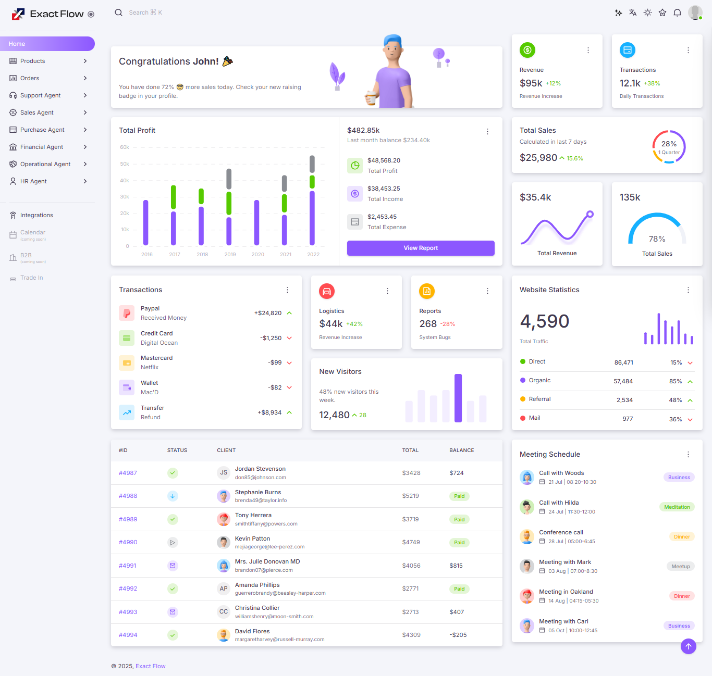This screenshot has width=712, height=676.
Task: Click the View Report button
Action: click(421, 248)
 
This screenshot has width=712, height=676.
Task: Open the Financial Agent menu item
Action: click(42, 147)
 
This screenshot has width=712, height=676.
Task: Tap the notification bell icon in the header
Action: click(677, 12)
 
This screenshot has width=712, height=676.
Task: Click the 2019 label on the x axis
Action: click(230, 255)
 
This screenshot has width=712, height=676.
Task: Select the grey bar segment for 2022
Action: click(312, 164)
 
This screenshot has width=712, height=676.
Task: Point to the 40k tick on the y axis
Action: click(125, 181)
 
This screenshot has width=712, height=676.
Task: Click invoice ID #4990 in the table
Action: click(128, 542)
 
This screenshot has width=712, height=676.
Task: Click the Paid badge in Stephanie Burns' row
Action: click(459, 496)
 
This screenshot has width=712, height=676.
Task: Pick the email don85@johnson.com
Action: click(260, 478)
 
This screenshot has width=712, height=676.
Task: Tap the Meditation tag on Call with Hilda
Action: click(677, 507)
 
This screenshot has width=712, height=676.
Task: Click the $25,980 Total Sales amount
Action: click(538, 158)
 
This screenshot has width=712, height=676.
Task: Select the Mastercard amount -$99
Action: click(275, 362)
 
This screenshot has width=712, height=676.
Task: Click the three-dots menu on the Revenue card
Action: click(588, 51)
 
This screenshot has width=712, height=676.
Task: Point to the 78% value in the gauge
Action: click(657, 239)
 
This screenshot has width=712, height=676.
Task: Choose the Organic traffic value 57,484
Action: click(623, 381)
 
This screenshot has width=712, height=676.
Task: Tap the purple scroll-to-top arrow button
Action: click(688, 646)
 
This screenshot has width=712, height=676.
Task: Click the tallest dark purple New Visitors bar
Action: click(458, 398)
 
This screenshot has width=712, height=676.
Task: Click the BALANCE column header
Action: click(461, 450)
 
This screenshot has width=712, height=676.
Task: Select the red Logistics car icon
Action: click(327, 291)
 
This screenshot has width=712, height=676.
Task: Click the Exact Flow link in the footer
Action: click(150, 666)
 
